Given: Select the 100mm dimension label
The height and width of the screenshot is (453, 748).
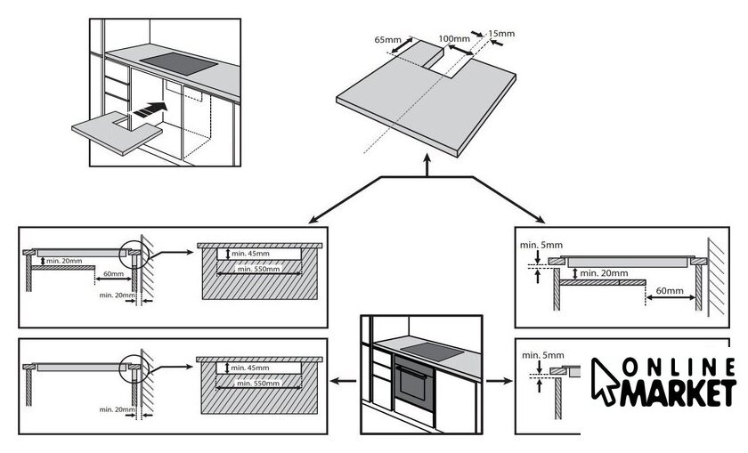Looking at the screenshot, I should click(454, 39).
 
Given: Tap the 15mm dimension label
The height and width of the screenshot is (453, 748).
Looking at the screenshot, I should click(502, 34).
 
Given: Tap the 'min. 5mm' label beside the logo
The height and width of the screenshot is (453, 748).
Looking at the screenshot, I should click(542, 356).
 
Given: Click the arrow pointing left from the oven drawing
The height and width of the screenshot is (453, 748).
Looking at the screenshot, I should click(338, 381).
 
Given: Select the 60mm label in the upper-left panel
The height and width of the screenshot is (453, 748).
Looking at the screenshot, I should click(111, 274).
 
